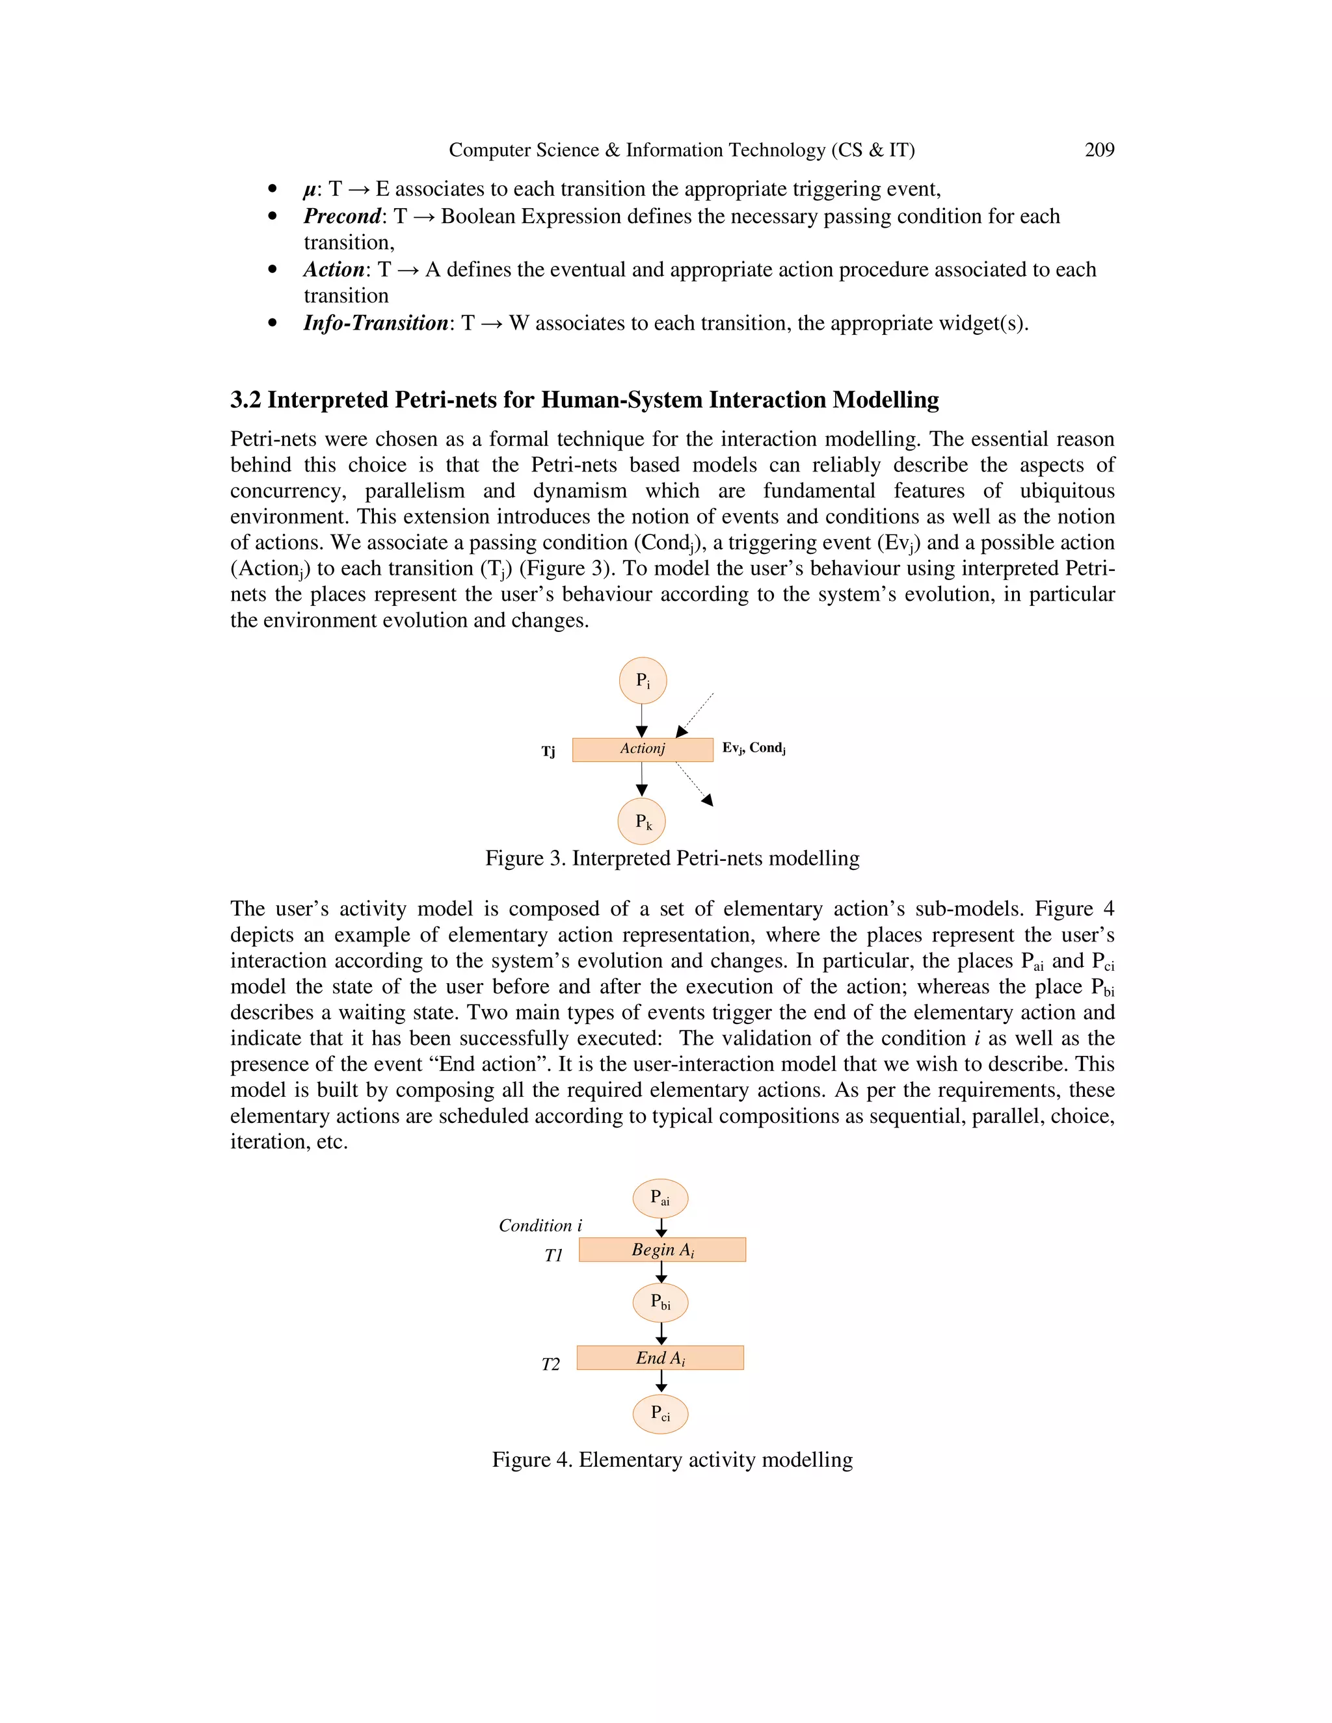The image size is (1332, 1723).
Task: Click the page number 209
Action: click(x=1099, y=150)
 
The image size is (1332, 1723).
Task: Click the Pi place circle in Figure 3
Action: click(x=643, y=680)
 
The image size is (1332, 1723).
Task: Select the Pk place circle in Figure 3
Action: click(x=641, y=821)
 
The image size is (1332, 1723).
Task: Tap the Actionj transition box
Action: click(x=643, y=748)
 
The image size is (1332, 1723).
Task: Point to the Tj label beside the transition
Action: click(x=548, y=751)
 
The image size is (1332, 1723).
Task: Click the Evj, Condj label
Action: click(x=753, y=748)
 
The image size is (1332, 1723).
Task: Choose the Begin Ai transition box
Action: click(x=662, y=1250)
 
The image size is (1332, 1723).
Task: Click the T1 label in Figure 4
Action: click(x=553, y=1255)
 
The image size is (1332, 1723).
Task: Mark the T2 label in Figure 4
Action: click(x=550, y=1364)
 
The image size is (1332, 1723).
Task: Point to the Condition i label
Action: click(x=540, y=1225)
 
